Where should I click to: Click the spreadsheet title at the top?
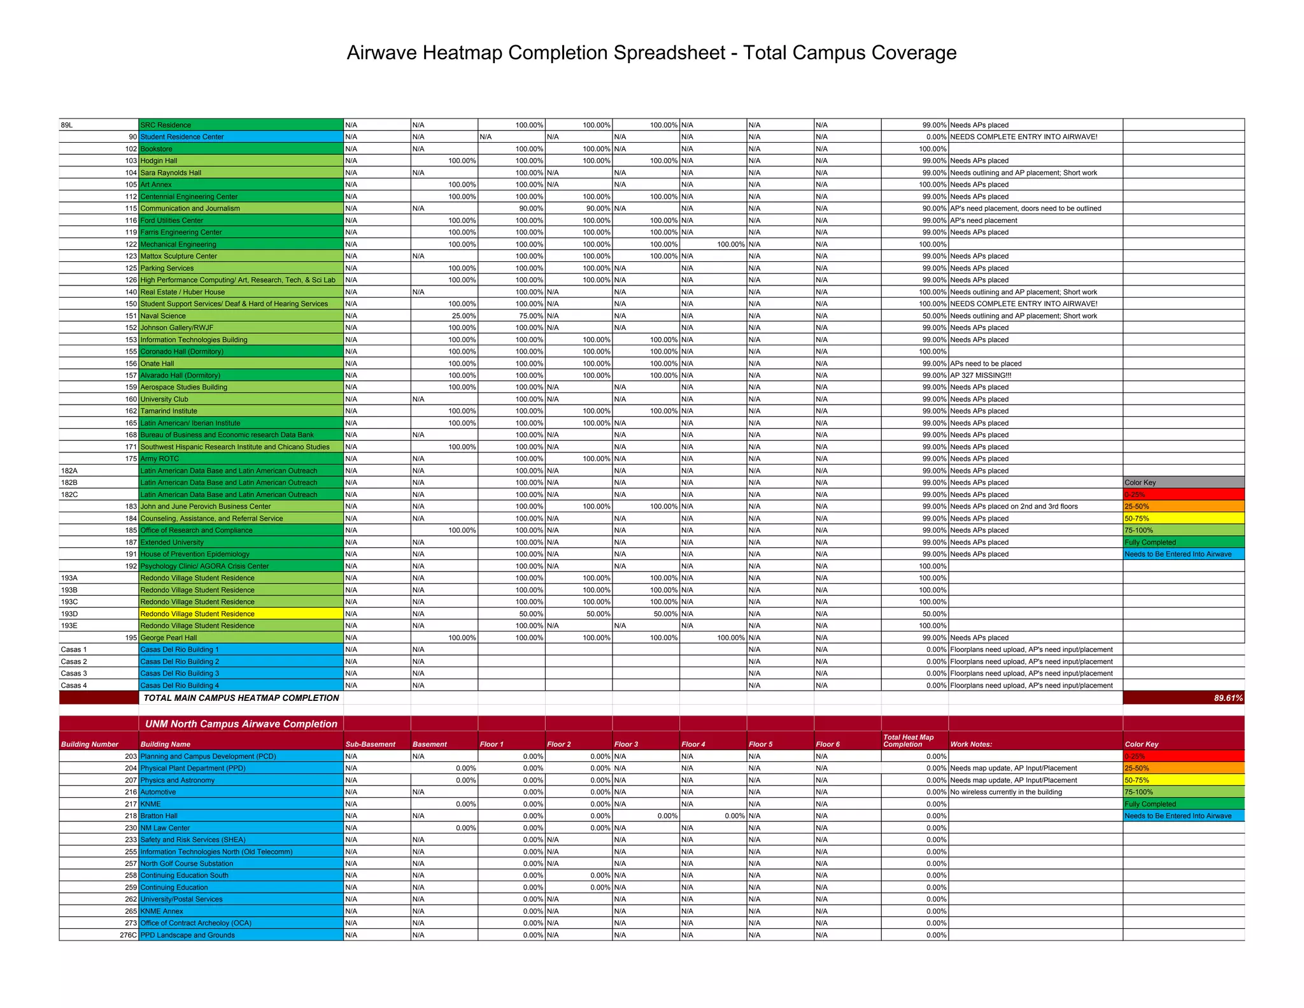(651, 53)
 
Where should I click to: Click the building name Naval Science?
(163, 316)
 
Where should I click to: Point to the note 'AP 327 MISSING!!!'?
(981, 375)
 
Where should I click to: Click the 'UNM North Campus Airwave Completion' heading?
(241, 724)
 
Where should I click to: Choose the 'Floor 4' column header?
(693, 744)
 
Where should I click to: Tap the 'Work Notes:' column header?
(971, 744)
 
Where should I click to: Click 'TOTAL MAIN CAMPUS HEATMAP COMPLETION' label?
(241, 698)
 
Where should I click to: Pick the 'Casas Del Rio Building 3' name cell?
(180, 673)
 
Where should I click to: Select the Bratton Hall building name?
(159, 816)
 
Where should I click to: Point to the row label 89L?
(67, 125)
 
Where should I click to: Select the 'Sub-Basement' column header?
(370, 744)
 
